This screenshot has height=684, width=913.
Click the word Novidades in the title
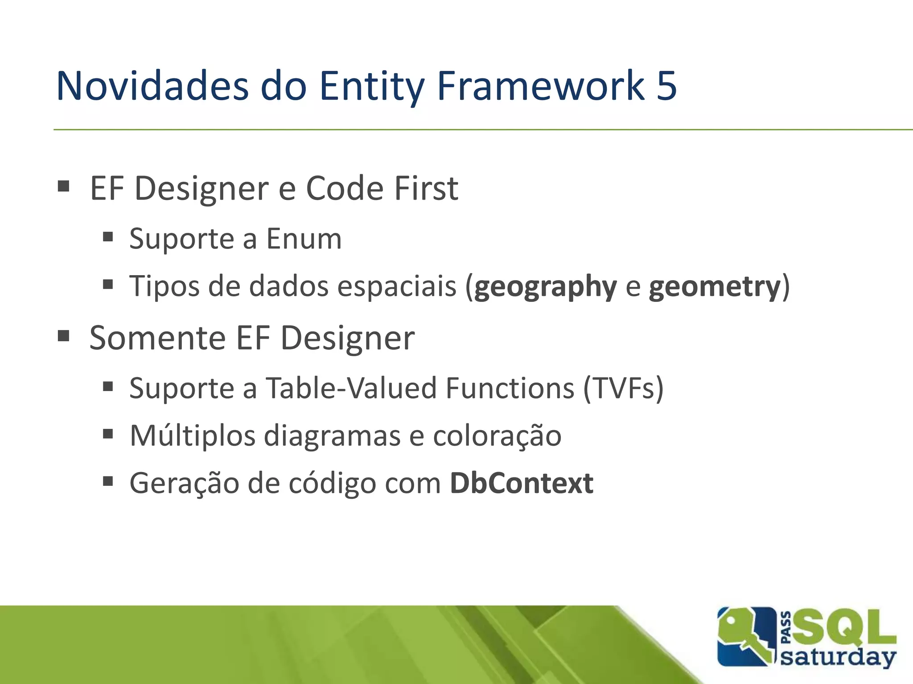tap(152, 85)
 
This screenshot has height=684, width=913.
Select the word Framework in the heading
tap(541, 85)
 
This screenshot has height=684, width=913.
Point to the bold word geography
tap(545, 287)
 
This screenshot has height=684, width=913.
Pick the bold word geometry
tap(714, 286)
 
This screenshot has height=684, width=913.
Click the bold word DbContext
tap(521, 483)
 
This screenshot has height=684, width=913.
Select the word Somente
tap(157, 338)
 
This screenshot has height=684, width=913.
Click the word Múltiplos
tap(193, 436)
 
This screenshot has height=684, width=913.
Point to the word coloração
tap(497, 436)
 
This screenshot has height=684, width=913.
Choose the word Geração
tap(184, 484)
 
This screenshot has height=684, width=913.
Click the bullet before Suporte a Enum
tap(108, 236)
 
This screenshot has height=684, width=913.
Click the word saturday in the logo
tap(838, 657)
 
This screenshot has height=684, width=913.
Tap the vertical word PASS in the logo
tap(787, 628)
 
